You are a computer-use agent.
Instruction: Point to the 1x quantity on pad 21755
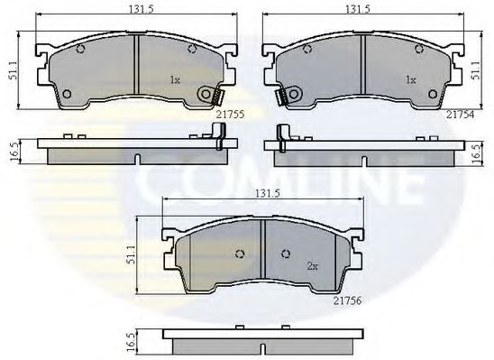coord(176,80)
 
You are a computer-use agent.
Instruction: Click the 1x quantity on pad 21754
coord(410,80)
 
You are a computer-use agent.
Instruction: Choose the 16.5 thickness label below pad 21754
coord(475,151)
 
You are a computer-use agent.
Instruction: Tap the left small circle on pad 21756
coord(239,252)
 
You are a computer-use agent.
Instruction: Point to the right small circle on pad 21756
coord(287,252)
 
